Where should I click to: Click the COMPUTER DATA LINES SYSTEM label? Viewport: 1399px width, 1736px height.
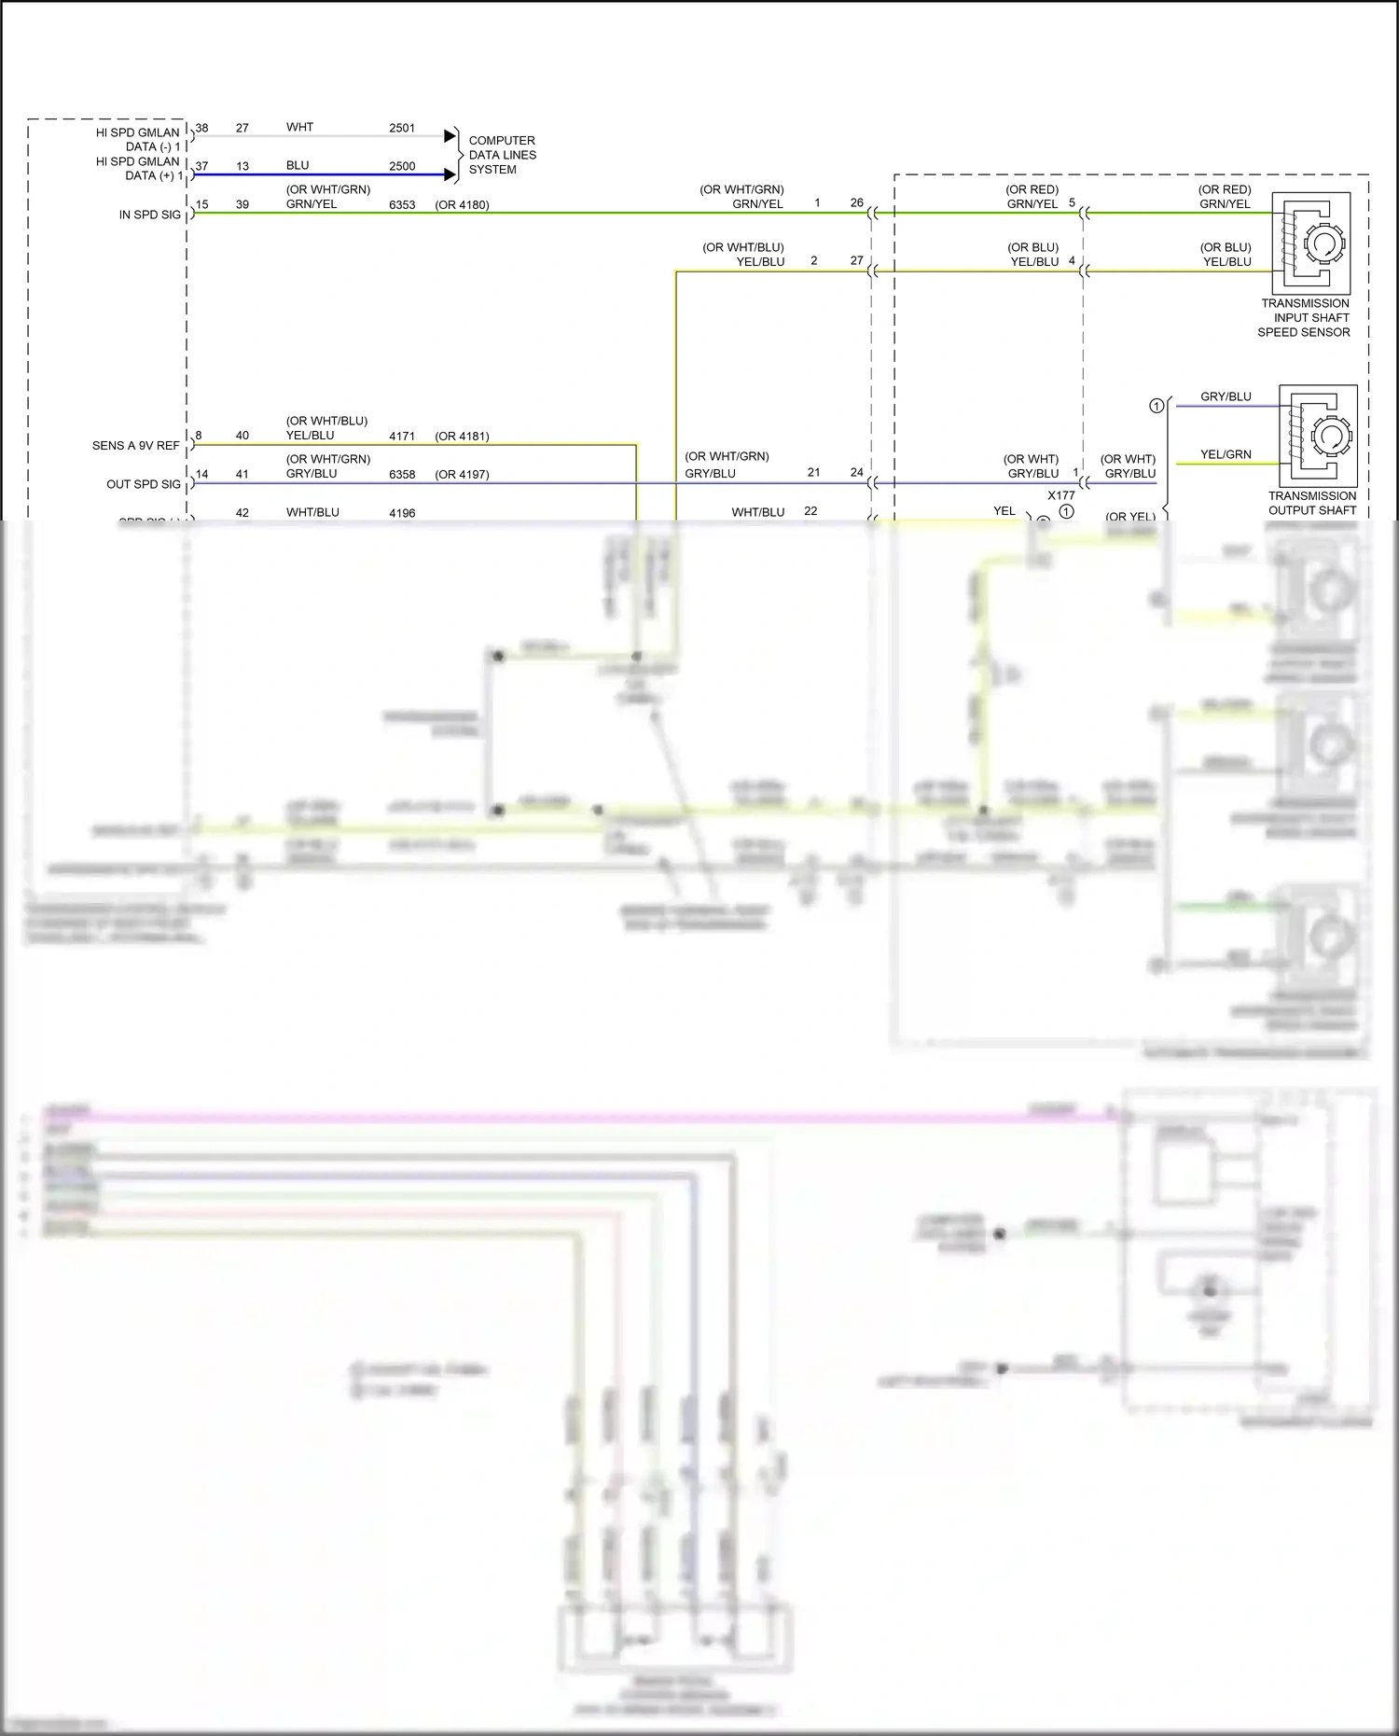pos(502,155)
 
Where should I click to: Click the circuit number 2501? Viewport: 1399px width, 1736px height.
pos(402,128)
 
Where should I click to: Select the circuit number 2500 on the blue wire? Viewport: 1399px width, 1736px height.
pos(402,166)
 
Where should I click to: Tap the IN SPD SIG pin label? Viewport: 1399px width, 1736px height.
pos(149,215)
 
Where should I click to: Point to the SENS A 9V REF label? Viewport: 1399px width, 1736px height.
pos(135,446)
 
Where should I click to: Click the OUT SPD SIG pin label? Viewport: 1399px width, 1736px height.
pos(144,484)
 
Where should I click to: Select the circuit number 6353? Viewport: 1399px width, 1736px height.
pos(402,204)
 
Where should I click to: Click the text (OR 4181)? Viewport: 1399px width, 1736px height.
pos(462,437)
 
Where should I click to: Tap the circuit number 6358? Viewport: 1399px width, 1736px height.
pos(402,475)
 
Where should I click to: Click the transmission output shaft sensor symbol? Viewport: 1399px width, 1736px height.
pos(1317,435)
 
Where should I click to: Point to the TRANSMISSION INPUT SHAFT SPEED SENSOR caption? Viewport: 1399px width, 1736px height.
pos(1304,317)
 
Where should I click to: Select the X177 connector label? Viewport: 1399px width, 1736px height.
pos(1060,495)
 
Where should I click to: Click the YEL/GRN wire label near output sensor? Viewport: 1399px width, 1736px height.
pos(1226,454)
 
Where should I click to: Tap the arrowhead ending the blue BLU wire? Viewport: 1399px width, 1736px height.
pos(450,174)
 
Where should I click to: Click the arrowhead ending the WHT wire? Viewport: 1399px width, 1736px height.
pos(450,136)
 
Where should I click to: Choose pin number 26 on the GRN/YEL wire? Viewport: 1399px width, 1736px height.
pos(856,202)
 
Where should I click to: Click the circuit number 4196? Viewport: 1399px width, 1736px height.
pos(402,513)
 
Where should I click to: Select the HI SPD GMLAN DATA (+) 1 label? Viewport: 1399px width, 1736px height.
pos(139,169)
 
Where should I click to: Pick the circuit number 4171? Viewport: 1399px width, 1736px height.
pos(402,437)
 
